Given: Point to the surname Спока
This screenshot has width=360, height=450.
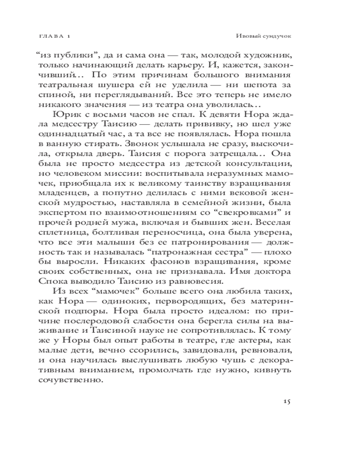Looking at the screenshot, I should click(x=65, y=282).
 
